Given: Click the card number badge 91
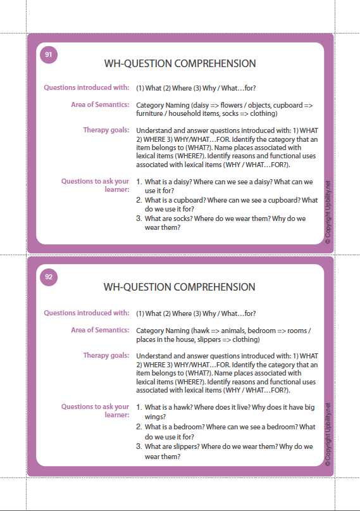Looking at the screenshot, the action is [x=49, y=55].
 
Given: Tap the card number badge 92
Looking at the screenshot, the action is [x=49, y=276].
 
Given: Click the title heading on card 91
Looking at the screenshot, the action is [x=180, y=64].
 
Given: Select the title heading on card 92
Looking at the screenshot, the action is [x=180, y=287].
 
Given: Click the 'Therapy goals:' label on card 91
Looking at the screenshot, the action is [x=106, y=130].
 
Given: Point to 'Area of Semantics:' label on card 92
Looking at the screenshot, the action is [x=100, y=330].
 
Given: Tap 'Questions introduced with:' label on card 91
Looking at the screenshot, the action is [x=87, y=87].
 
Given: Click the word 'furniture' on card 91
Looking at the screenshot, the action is [x=152, y=114].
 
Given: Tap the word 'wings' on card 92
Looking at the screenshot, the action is [x=155, y=417].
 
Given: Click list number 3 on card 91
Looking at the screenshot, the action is [x=139, y=218].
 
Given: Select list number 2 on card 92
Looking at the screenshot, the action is [x=139, y=427].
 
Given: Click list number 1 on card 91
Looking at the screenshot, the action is [x=139, y=182].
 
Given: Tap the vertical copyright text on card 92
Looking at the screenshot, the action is [x=327, y=436].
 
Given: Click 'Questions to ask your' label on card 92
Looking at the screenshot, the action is [x=95, y=407].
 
